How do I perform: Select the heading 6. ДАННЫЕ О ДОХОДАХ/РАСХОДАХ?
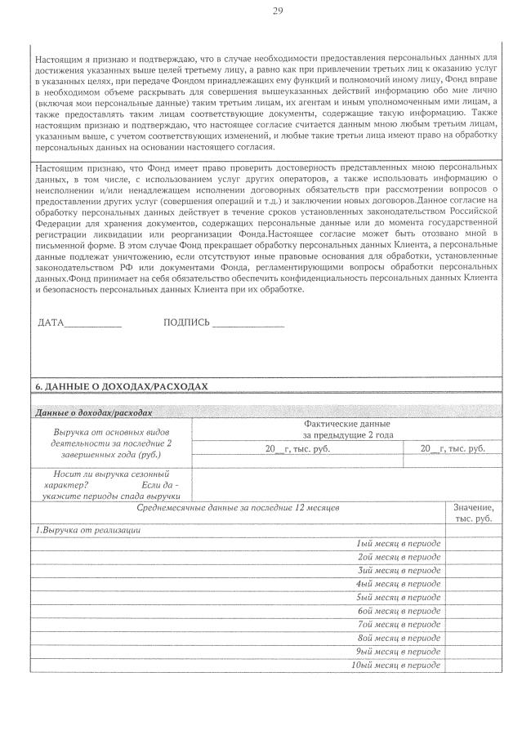coord(122,385)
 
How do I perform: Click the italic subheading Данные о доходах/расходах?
coord(95,413)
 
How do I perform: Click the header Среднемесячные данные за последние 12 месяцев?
coord(238,508)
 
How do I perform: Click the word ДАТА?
coord(51,323)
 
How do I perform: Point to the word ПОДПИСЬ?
coord(186,323)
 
